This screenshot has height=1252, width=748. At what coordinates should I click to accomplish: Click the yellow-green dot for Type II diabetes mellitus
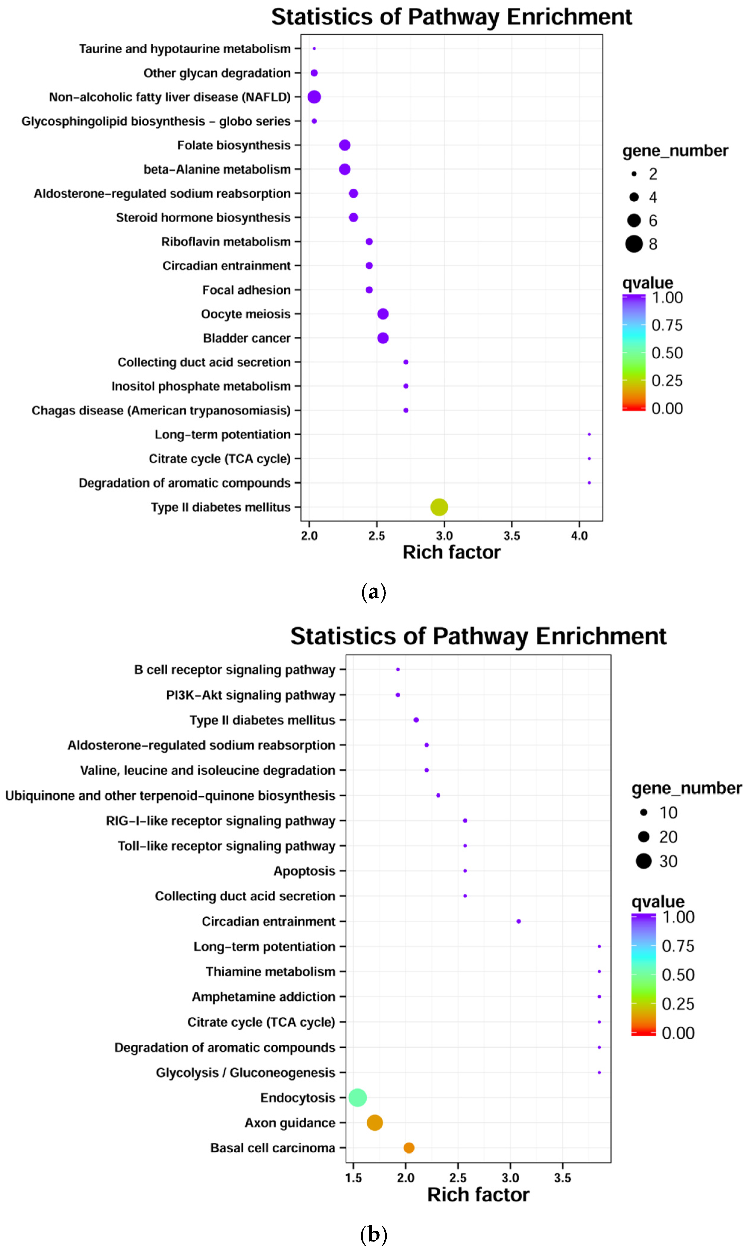[x=439, y=507]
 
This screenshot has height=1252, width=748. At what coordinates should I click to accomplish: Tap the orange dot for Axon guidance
[x=374, y=1123]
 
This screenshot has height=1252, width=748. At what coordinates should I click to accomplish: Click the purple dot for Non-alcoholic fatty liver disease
[x=314, y=97]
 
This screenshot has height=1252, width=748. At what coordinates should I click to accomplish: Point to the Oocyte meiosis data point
[x=383, y=314]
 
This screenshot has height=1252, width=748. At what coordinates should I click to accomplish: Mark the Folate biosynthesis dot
[x=345, y=145]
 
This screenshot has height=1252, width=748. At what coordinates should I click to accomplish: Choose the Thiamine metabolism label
[x=270, y=972]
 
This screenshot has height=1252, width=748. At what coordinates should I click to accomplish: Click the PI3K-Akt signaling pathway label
[x=251, y=695]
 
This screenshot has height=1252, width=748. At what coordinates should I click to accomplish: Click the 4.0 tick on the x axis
[x=579, y=536]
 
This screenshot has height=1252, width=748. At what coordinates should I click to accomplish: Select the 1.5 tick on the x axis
[x=353, y=1178]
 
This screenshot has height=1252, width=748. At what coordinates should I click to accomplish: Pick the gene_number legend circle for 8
[x=634, y=244]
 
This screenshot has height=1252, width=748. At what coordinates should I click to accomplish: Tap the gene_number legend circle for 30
[x=644, y=861]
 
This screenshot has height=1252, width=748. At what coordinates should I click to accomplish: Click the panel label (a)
[x=374, y=592]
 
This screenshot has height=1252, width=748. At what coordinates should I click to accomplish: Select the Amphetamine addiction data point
[x=599, y=997]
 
